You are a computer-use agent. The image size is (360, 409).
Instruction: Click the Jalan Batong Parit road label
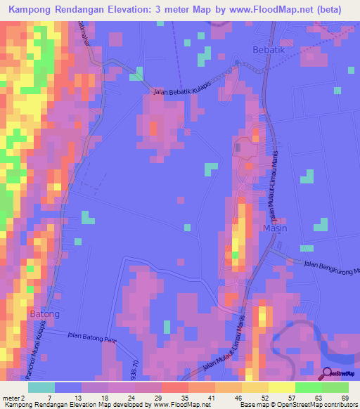(92, 338)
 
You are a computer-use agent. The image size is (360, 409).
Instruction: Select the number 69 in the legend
(344, 398)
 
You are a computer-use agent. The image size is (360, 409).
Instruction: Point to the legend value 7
(48, 398)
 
